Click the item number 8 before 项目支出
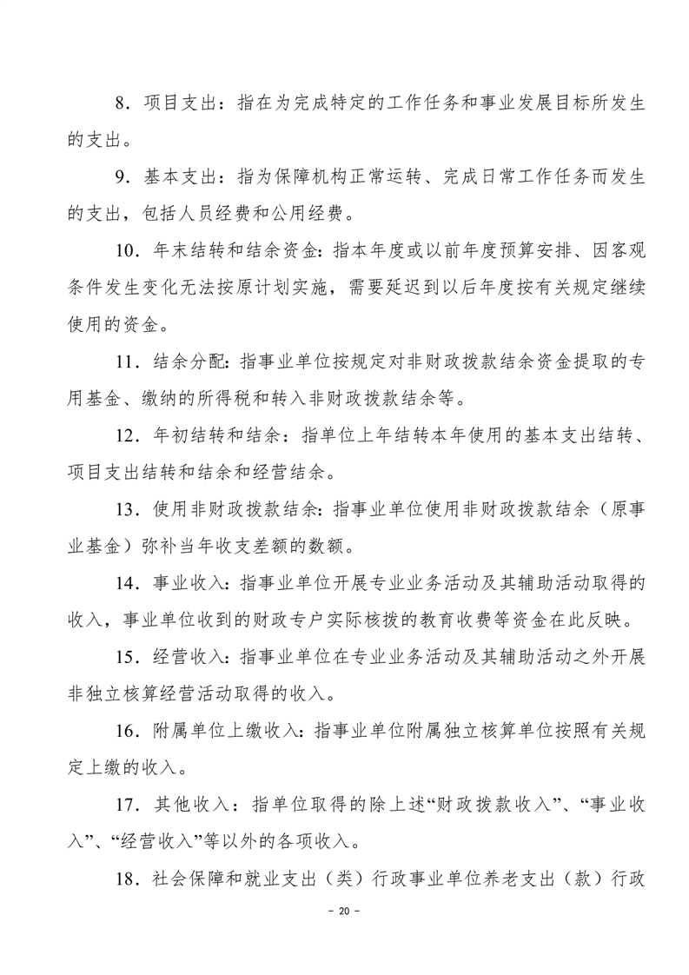click(x=122, y=103)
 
